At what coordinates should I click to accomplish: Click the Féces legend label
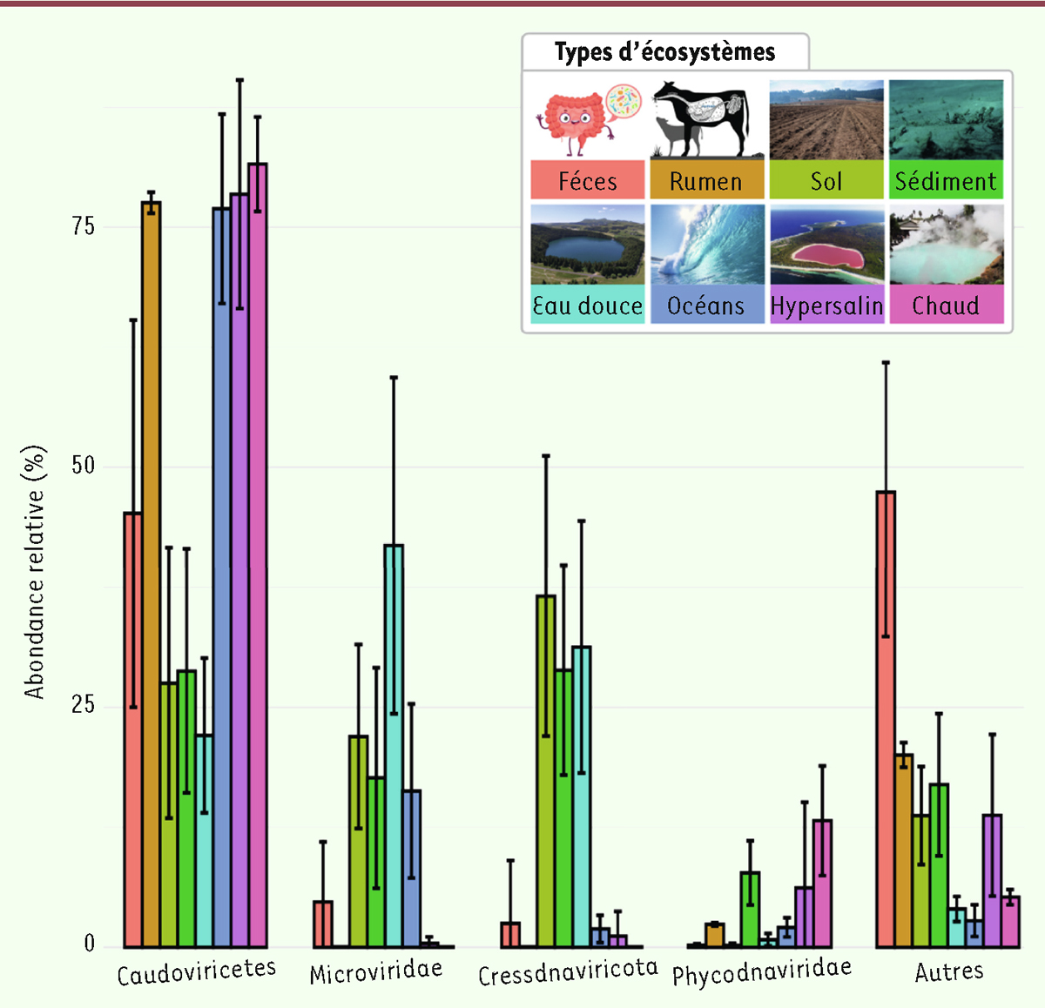point(588,181)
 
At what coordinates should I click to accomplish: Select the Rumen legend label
point(706,181)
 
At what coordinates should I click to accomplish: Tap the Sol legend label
point(826,181)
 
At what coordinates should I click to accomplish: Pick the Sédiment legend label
point(946,181)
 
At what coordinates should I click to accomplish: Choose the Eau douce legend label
point(588,306)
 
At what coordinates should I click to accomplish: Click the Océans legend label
point(706,306)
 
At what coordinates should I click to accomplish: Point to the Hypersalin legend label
point(826,306)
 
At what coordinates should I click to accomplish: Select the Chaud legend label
point(946,306)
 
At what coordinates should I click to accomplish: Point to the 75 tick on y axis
point(84,226)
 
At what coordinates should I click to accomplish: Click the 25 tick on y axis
point(84,704)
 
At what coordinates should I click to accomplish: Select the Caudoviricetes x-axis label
point(196,972)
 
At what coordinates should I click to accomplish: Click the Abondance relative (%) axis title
point(35,573)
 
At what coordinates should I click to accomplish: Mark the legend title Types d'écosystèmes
point(664,52)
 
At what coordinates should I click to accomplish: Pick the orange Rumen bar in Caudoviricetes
point(152,575)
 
